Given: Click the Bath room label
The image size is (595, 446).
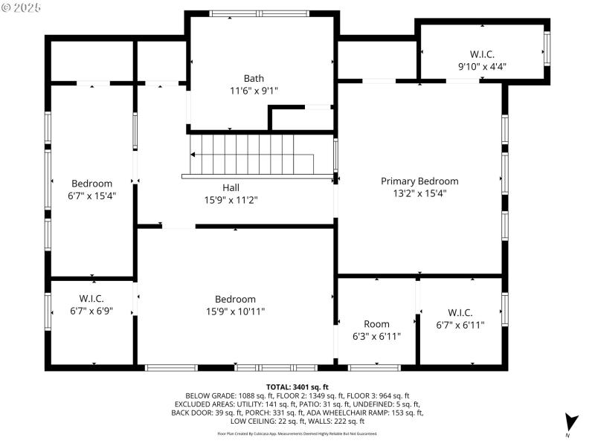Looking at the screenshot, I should pyautogui.click(x=254, y=78).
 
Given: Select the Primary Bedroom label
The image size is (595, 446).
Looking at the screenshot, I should pyautogui.click(x=419, y=181).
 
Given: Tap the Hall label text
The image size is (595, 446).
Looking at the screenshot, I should pyautogui.click(x=231, y=187).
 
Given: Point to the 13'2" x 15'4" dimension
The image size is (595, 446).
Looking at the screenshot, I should pyautogui.click(x=419, y=193).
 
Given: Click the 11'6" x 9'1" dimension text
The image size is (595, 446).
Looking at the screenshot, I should pyautogui.click(x=254, y=90).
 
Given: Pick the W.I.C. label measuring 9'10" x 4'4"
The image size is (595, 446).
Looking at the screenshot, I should pyautogui.click(x=482, y=54).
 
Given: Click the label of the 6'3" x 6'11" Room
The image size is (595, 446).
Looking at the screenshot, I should pyautogui.click(x=376, y=324).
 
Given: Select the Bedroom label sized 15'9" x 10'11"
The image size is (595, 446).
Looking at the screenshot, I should pyautogui.click(x=235, y=300).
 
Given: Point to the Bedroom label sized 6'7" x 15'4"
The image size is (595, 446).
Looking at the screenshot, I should pyautogui.click(x=91, y=184).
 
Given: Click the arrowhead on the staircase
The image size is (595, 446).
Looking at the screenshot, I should pyautogui.click(x=193, y=155).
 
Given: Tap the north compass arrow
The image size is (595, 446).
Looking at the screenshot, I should pyautogui.click(x=570, y=421).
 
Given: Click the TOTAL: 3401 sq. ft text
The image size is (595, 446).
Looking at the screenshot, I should pyautogui.click(x=297, y=387).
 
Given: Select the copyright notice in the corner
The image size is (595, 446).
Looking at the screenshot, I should pyautogui.click(x=22, y=7).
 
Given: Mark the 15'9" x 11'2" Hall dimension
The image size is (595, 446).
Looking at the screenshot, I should pyautogui.click(x=231, y=199).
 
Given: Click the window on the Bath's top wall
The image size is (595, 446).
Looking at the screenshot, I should pyautogui.click(x=259, y=13).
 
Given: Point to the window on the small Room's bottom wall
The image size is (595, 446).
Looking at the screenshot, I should pyautogui.click(x=374, y=367).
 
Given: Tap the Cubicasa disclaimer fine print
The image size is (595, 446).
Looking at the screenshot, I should pyautogui.click(x=297, y=433).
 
